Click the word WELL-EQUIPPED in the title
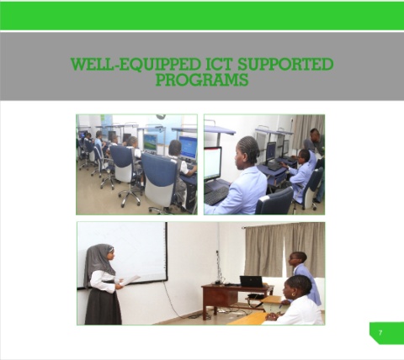click(x=136, y=64)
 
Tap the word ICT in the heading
click(x=219, y=64)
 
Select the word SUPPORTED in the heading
click(x=285, y=64)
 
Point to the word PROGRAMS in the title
click(x=202, y=79)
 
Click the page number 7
click(x=380, y=333)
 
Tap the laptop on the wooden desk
click(x=252, y=281)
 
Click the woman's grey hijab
click(x=98, y=262)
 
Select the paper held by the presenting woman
click(x=130, y=280)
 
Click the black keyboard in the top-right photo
click(x=216, y=195)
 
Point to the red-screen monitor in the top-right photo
click(x=212, y=163)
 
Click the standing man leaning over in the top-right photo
click(x=317, y=157)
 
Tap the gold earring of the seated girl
click(x=295, y=294)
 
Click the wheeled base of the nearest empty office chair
click(x=130, y=196)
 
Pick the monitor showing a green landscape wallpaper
click(x=150, y=143)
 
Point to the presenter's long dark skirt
click(x=104, y=306)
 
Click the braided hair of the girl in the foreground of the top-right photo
click(x=249, y=150)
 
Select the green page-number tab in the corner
click(x=386, y=333)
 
